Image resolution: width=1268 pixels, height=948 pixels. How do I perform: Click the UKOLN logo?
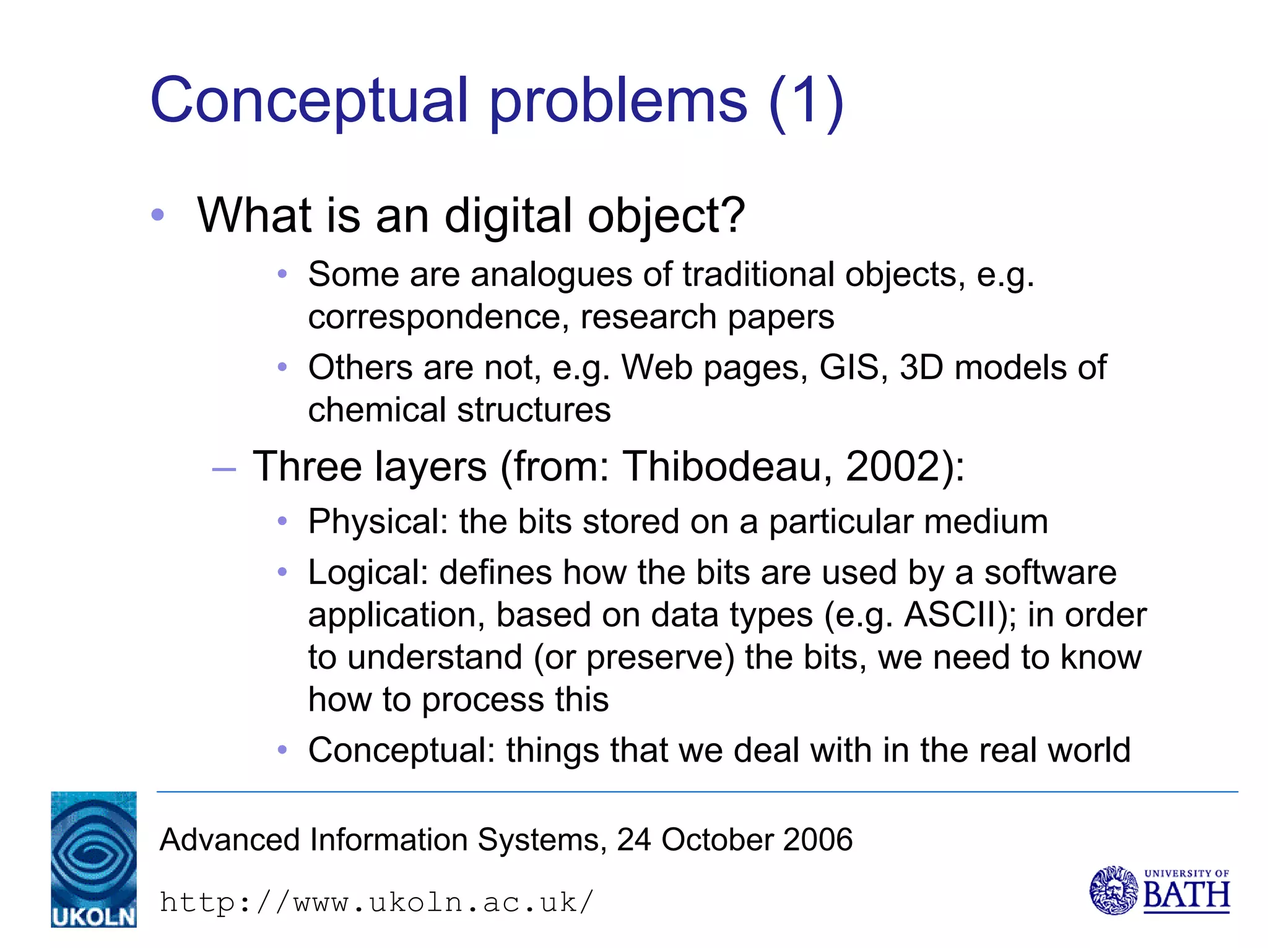(x=93, y=859)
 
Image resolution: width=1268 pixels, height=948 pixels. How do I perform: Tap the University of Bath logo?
(x=1159, y=890)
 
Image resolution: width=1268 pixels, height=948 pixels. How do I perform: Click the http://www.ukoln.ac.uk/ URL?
(x=376, y=902)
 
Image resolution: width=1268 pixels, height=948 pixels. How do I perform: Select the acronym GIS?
(x=849, y=367)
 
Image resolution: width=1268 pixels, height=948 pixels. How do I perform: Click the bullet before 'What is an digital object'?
(x=158, y=215)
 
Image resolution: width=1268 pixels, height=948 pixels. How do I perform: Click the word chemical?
(x=377, y=410)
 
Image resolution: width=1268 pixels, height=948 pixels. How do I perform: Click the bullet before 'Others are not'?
(x=282, y=367)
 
